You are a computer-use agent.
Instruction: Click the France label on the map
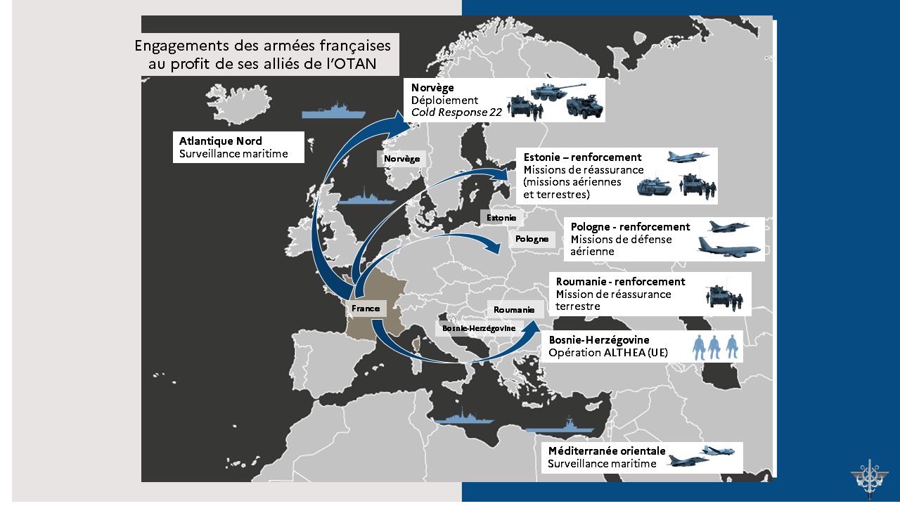coord(366,309)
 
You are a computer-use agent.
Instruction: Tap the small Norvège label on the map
coord(401,159)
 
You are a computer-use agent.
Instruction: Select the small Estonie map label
coord(501,218)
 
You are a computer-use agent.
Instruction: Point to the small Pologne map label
coord(532,239)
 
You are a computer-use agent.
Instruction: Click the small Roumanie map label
coord(513,310)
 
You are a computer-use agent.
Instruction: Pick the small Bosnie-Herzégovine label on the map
coord(479,328)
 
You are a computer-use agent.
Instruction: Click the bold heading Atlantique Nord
coord(220,141)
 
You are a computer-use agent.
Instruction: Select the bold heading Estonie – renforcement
coord(582,157)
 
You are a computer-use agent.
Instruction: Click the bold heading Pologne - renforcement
coord(630,227)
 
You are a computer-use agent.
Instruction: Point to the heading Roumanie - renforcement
coord(620,282)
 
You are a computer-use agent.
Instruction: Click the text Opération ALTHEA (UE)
coord(608,352)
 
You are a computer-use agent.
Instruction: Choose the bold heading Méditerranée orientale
coord(606,451)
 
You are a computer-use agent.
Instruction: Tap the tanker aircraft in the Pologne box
coord(729,247)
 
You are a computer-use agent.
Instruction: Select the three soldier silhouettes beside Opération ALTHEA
coord(716,347)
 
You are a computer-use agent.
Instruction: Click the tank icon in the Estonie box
coord(655,186)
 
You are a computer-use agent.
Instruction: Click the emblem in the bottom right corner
coord(870,477)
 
